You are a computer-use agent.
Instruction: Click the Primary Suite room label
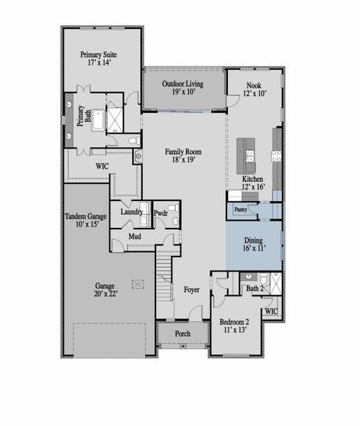tap(99, 54)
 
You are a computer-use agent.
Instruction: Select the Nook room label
tap(253, 84)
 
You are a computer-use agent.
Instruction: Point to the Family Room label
tap(183, 151)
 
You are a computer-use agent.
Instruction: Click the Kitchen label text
tap(253, 180)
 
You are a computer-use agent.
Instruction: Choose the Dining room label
tap(253, 241)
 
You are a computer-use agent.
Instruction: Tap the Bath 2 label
tap(254, 288)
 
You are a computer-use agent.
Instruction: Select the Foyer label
tap(192, 289)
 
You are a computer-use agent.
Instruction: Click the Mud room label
tap(135, 236)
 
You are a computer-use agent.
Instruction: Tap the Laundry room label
tap(131, 212)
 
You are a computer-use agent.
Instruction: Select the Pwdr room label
tap(161, 212)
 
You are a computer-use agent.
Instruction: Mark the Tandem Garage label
tap(87, 216)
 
